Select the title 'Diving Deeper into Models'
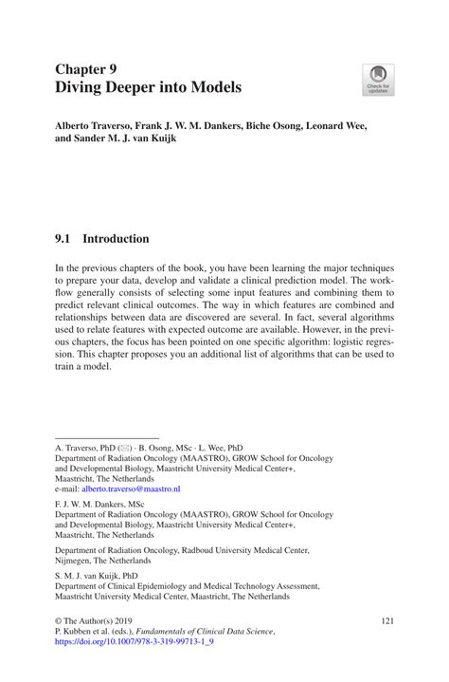[148, 87]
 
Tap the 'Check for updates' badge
[379, 80]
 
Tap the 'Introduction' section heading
[116, 239]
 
